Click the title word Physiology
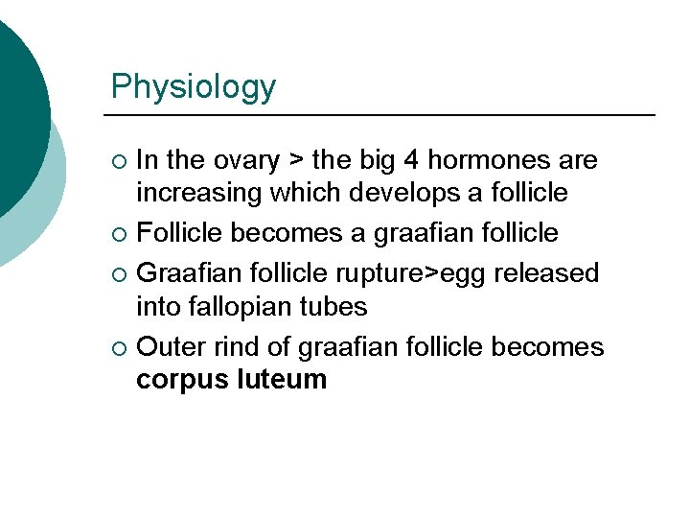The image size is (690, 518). [193, 86]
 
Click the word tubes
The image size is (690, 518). [333, 307]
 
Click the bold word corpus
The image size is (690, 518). [181, 380]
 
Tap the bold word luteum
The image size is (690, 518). [281, 380]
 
